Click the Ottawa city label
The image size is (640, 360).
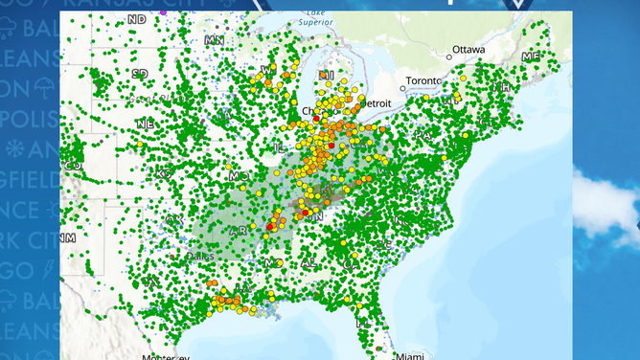[469, 49]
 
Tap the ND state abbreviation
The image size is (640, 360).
[137, 18]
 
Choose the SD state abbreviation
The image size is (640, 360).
[140, 73]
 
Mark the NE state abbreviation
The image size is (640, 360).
[146, 124]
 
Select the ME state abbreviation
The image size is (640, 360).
[530, 57]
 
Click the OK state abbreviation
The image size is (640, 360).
[172, 218]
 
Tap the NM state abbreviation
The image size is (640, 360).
[67, 236]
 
